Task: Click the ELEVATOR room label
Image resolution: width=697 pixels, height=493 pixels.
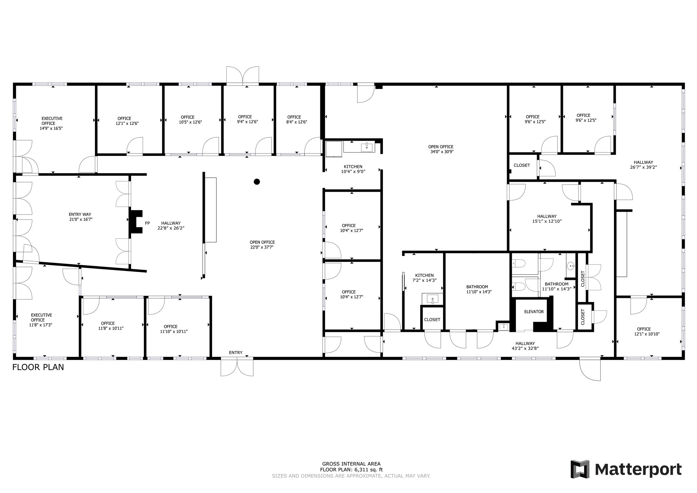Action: click(534, 312)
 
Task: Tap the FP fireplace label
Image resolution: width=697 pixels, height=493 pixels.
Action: click(147, 223)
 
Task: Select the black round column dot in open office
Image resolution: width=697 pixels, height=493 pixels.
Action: click(257, 182)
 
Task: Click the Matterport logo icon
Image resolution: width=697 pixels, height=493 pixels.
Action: click(580, 469)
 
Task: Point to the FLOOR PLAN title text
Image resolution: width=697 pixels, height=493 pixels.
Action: click(38, 367)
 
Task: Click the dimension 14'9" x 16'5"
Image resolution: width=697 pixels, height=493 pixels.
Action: click(51, 128)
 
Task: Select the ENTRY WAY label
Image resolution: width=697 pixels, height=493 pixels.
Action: click(80, 214)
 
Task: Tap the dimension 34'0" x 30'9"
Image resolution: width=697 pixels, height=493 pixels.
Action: click(442, 152)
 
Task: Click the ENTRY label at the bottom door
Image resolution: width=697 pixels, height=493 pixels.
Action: click(236, 353)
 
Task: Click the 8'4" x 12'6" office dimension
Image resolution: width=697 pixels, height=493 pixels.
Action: click(297, 122)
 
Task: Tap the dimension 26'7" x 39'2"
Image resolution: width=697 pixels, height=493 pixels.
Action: click(643, 167)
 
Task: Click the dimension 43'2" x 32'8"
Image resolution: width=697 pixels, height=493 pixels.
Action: click(525, 348)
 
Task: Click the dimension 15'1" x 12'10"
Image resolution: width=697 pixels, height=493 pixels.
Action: click(547, 221)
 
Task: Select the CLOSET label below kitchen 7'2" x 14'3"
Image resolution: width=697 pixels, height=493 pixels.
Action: click(432, 320)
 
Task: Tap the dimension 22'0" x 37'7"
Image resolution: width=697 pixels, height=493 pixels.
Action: click(262, 247)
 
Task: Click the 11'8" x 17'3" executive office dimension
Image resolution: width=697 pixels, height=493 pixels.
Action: click(41, 325)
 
